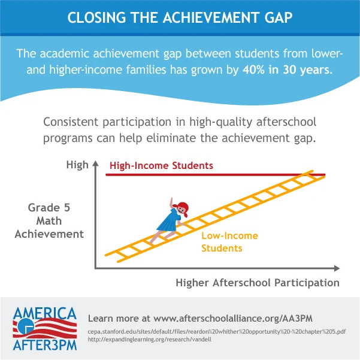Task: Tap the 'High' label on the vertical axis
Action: click(x=77, y=164)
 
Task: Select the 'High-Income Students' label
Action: click(x=161, y=165)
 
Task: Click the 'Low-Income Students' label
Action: click(x=229, y=241)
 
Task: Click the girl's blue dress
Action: click(x=168, y=220)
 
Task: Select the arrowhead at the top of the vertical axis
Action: click(x=95, y=164)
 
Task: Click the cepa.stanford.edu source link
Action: click(x=216, y=331)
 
